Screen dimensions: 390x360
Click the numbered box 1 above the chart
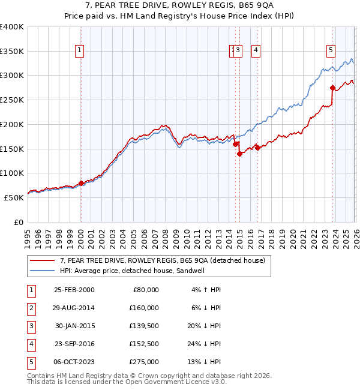coord(80,51)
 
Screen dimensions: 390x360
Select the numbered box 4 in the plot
coord(256,51)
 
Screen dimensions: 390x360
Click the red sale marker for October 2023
coord(332,88)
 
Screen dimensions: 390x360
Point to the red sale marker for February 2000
coord(81,184)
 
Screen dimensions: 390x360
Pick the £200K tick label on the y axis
coord(12,124)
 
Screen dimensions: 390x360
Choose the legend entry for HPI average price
coord(114,271)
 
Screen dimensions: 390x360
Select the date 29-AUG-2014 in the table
coord(74,308)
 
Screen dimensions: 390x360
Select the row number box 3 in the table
coord(31,326)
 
